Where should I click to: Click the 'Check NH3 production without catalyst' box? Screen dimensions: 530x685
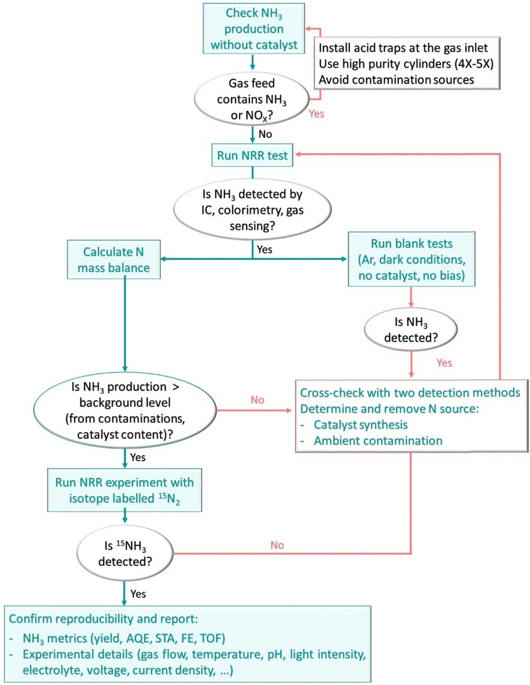[x=254, y=29]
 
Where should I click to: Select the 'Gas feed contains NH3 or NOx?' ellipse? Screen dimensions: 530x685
[x=251, y=99]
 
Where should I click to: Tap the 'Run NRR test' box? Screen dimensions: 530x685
[x=252, y=155]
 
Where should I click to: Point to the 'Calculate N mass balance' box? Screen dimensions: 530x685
[x=114, y=260]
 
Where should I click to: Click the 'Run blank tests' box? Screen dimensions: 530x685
[x=412, y=259]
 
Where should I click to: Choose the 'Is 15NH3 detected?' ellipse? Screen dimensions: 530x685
[x=125, y=553]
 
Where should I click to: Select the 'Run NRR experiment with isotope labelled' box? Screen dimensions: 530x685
[x=124, y=490]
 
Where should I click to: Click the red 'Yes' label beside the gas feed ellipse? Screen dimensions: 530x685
[x=316, y=114]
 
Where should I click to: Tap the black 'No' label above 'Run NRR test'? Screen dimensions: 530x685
[x=265, y=134]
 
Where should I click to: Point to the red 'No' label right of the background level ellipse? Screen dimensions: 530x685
[x=257, y=400]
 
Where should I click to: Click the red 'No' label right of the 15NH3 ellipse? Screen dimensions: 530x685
[x=277, y=545]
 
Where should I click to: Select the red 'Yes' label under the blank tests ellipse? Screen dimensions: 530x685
[x=444, y=363]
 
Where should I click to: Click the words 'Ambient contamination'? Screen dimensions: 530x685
[x=378, y=441]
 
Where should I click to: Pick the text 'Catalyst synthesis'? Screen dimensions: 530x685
[x=361, y=425]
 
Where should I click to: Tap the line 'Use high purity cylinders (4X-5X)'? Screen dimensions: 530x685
[x=406, y=64]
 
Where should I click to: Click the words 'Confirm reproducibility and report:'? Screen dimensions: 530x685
[x=103, y=619]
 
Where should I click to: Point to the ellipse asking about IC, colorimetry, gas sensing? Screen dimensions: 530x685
[x=252, y=210]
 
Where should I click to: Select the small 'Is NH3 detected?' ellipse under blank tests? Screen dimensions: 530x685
[x=411, y=329]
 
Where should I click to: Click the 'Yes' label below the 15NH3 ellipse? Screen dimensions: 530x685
[x=138, y=594]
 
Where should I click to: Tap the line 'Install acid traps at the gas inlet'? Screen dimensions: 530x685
[x=403, y=48]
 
